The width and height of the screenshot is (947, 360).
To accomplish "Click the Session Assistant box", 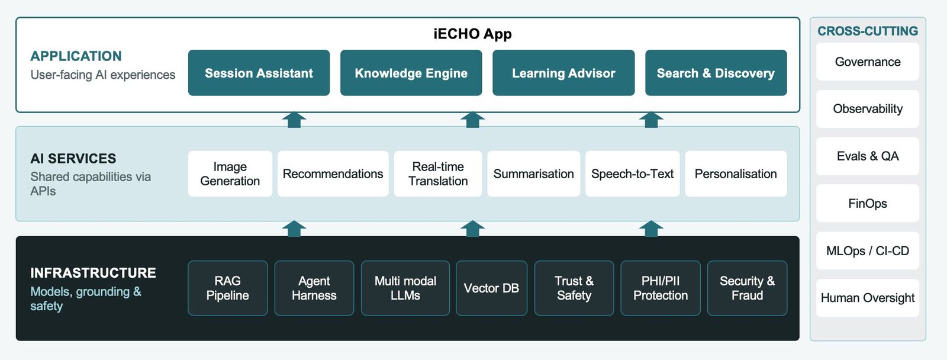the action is (x=259, y=73).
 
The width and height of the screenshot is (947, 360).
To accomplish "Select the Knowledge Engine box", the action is (x=411, y=73).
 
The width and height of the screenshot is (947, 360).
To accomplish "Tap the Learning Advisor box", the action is (x=563, y=73).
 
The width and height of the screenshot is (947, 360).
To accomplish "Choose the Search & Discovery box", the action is (x=716, y=73).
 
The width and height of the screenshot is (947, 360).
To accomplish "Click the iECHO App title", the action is (x=473, y=34).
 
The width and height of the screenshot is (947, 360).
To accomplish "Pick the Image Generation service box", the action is (x=230, y=173).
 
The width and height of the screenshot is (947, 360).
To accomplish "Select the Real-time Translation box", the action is (x=438, y=173).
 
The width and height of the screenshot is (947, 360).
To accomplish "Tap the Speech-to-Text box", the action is (x=633, y=173).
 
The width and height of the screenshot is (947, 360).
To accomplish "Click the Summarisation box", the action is (x=533, y=173).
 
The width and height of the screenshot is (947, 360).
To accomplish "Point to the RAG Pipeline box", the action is (x=227, y=288).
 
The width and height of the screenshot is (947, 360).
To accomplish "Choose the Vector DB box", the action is (x=491, y=288).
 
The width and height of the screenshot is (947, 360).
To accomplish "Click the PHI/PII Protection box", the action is (x=661, y=288).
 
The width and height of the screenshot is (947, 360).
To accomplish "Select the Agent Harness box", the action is (x=314, y=288).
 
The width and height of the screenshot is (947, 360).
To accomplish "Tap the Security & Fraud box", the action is (x=747, y=288).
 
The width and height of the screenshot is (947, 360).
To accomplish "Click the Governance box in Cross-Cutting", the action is (x=868, y=62).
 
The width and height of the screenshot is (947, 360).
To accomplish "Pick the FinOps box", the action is (x=868, y=204).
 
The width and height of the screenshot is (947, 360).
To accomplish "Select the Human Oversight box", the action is (x=868, y=298).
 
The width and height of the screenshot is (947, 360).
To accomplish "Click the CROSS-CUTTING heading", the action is (x=868, y=31).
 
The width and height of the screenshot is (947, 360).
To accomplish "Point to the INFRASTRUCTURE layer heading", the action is (x=93, y=273).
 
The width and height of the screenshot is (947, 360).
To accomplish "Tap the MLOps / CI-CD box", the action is (x=868, y=251).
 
